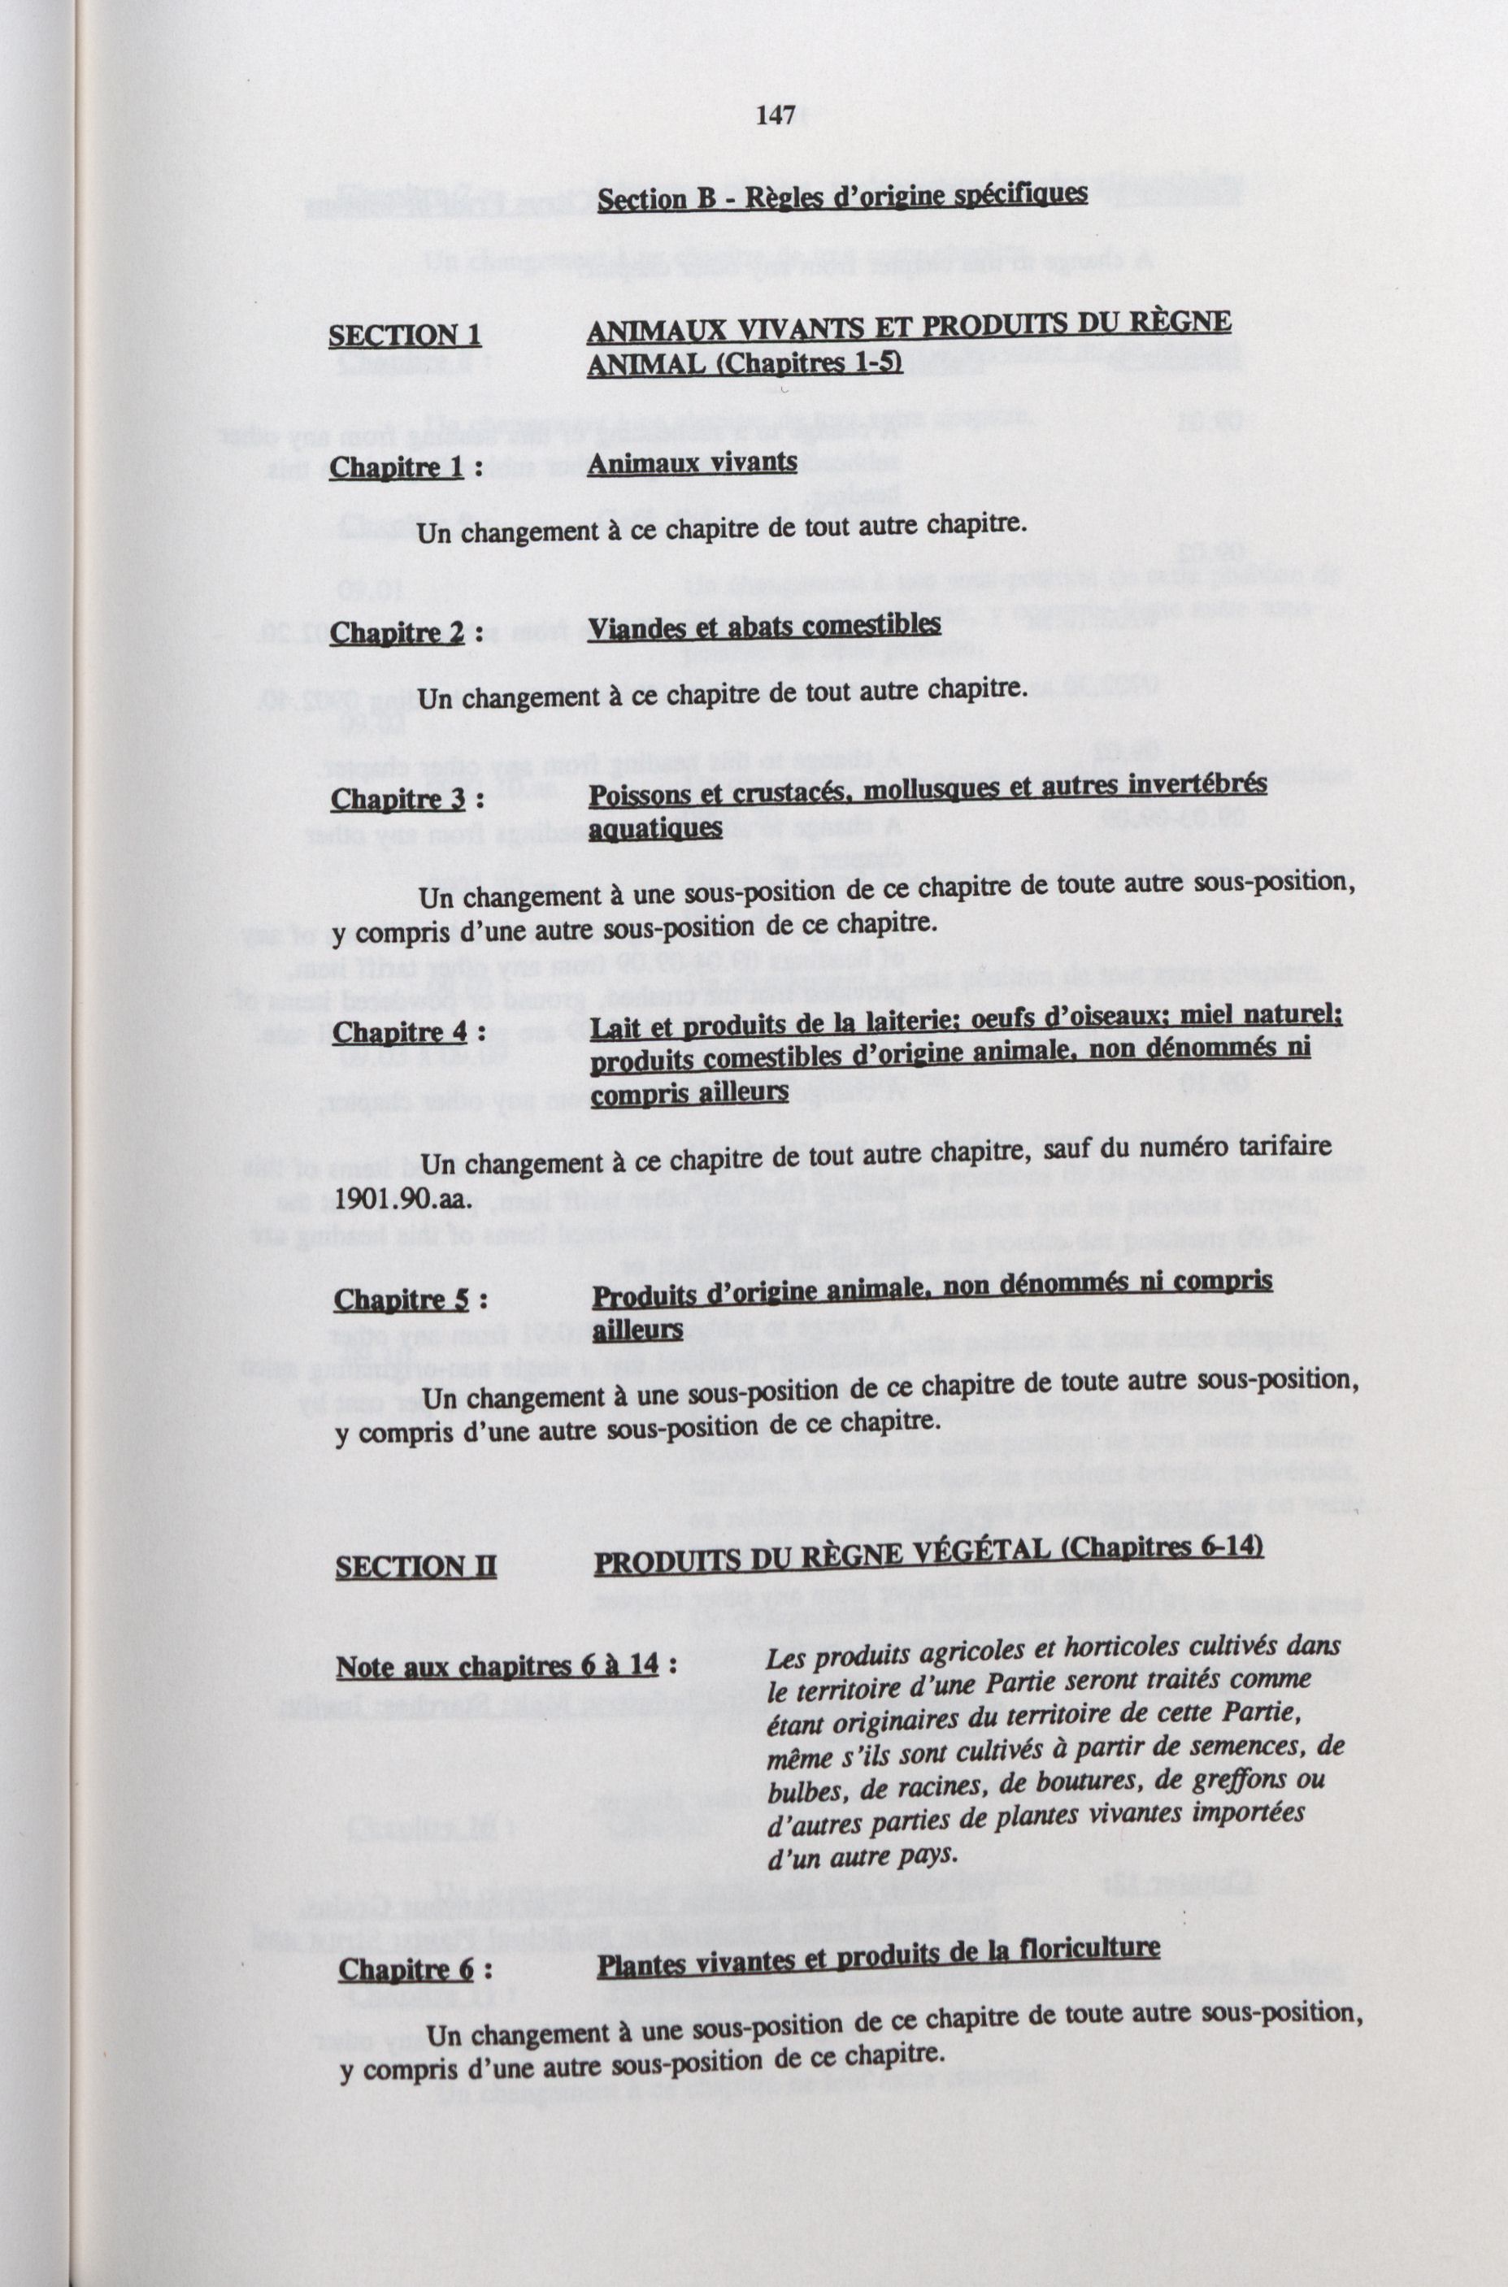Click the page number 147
point(776,117)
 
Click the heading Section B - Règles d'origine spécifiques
point(842,197)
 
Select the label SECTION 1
point(405,336)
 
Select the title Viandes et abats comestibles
point(763,626)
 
